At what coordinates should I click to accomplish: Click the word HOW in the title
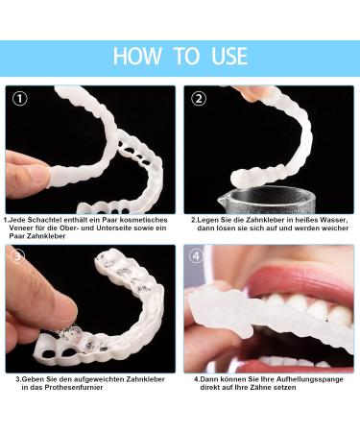(136, 55)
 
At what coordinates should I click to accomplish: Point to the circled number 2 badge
(200, 98)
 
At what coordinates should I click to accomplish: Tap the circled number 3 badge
(18, 256)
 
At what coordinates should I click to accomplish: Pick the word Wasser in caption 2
(324, 219)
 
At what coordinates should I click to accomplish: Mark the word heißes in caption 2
(299, 219)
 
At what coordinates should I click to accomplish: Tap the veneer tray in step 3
(106, 307)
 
